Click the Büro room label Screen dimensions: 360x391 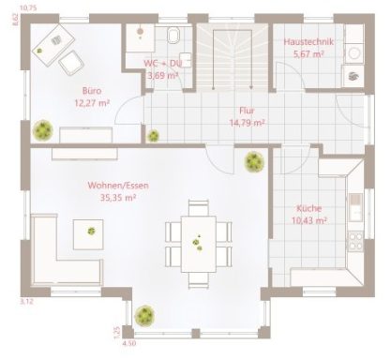point(91,91)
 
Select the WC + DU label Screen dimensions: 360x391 point(161,64)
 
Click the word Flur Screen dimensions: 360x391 point(247,111)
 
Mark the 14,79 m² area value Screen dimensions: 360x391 point(247,122)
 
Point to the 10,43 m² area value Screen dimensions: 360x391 point(308,220)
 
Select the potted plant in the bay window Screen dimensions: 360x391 point(143,314)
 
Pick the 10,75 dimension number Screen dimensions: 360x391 point(28,7)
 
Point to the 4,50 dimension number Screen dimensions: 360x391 point(129,344)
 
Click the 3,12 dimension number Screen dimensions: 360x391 point(26,301)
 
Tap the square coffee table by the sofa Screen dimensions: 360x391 point(91,228)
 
